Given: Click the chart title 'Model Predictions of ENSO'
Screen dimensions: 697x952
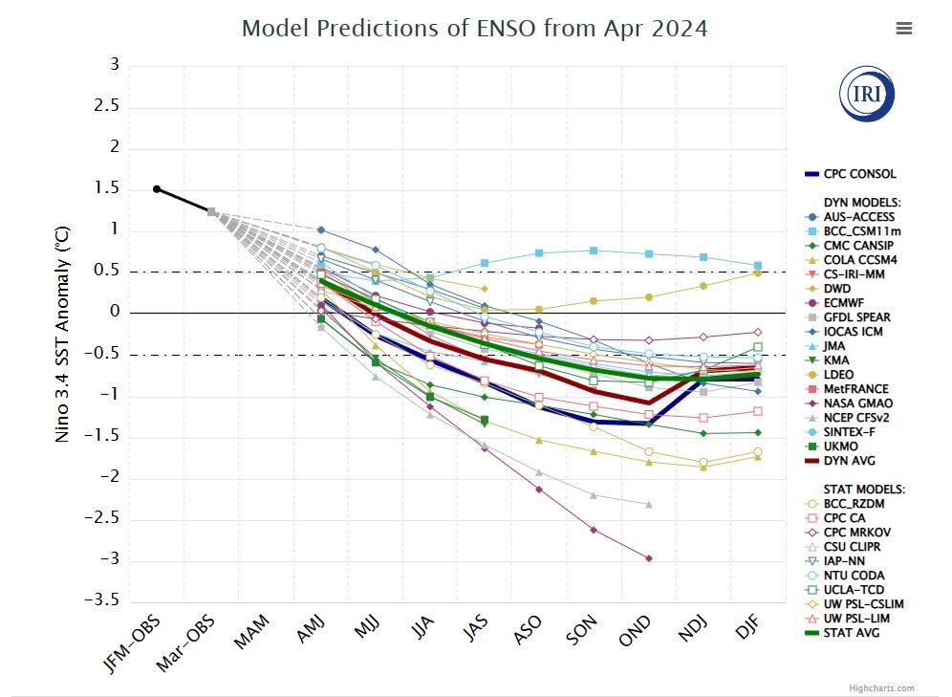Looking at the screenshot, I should [x=474, y=29].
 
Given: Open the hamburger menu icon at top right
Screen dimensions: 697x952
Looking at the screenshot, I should [x=904, y=29].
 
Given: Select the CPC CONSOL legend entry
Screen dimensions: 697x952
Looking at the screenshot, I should [x=859, y=174].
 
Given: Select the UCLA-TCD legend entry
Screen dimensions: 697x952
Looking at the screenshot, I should [x=853, y=590].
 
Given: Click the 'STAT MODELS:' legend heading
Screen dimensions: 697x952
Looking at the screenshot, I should [x=863, y=490].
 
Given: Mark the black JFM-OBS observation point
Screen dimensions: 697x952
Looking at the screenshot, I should [x=157, y=189].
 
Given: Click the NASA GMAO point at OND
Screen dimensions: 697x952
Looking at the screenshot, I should [x=649, y=558].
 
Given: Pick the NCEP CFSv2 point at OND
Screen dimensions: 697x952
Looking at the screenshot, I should [x=649, y=504].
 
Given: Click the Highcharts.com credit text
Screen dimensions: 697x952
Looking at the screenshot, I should [x=880, y=688].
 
